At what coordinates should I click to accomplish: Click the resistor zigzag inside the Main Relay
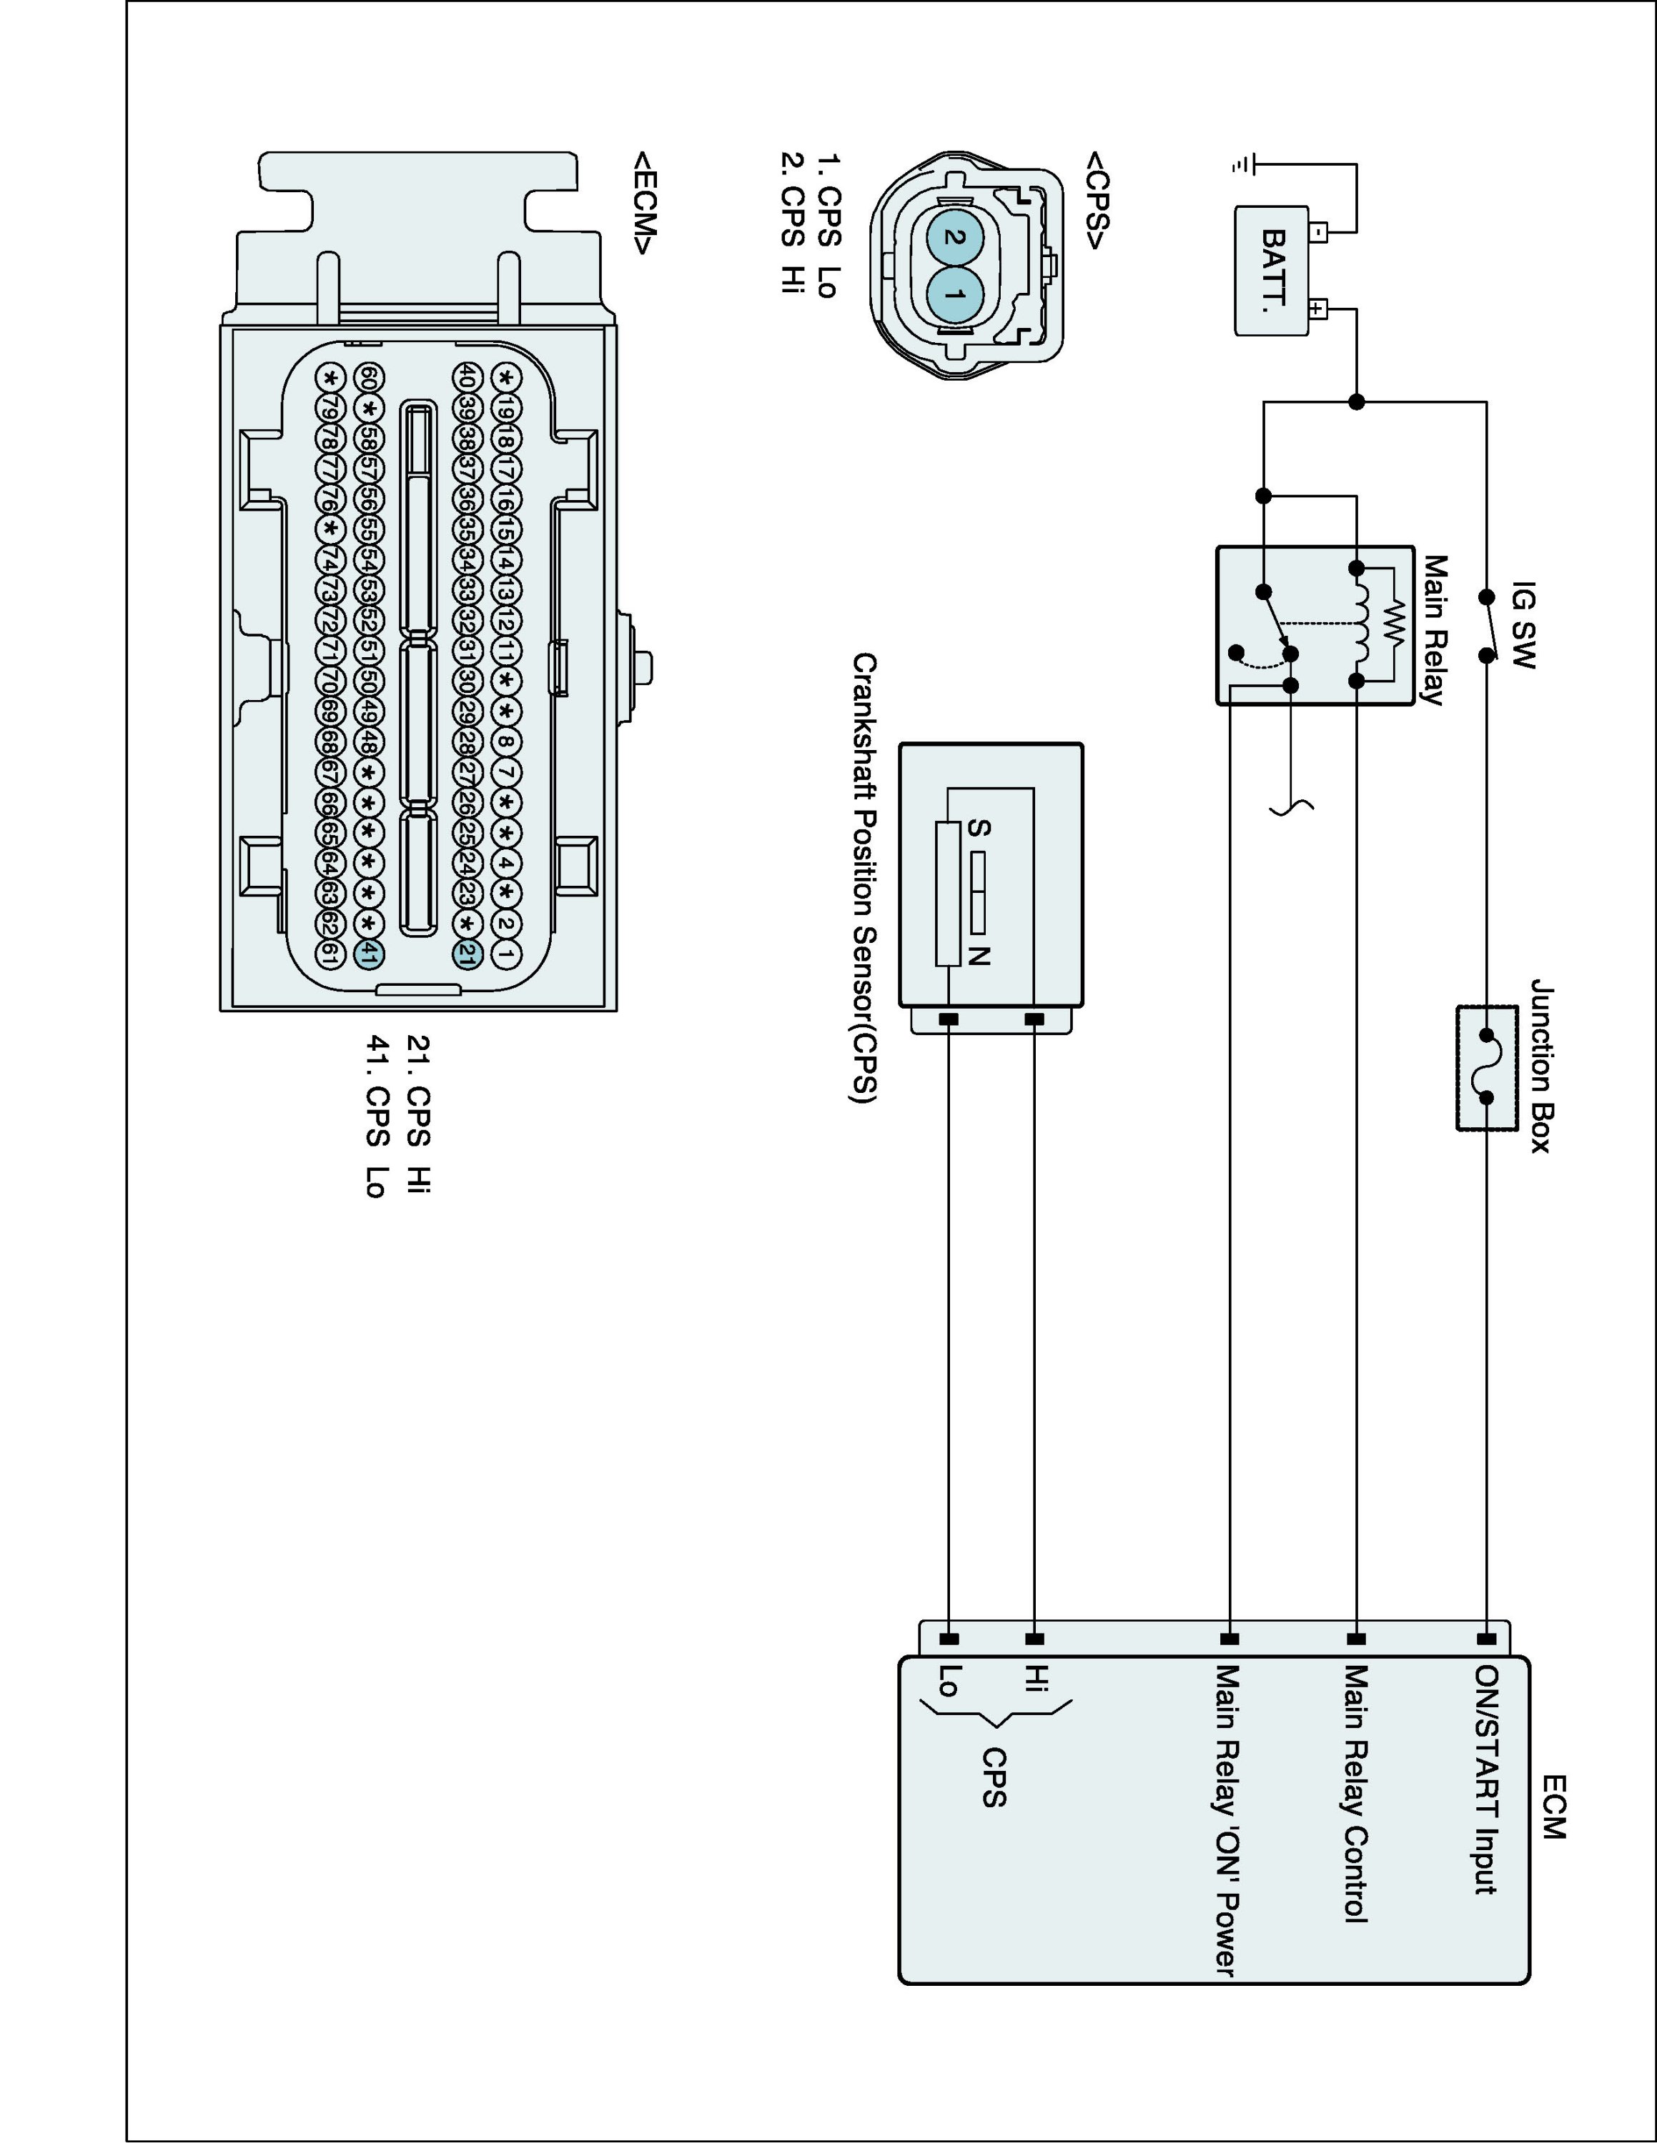click(1394, 624)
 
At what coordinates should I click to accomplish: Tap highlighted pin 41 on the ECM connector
click(368, 953)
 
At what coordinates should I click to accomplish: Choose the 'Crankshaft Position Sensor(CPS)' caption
click(863, 878)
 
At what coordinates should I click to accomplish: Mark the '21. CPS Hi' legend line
click(418, 1114)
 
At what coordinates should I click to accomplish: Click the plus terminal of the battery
click(1318, 310)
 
